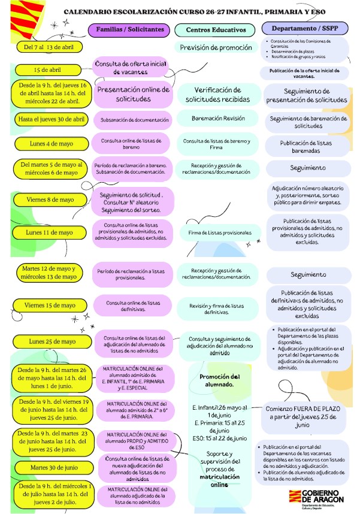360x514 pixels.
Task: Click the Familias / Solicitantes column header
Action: (x=130, y=29)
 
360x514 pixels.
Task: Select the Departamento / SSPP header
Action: (x=305, y=29)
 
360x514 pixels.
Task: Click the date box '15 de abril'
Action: (x=48, y=70)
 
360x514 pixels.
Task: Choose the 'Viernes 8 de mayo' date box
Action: (x=50, y=199)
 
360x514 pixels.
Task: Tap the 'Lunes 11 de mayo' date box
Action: (x=50, y=232)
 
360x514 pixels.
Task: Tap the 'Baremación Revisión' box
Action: (x=218, y=119)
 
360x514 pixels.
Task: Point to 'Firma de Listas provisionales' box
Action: (x=219, y=232)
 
